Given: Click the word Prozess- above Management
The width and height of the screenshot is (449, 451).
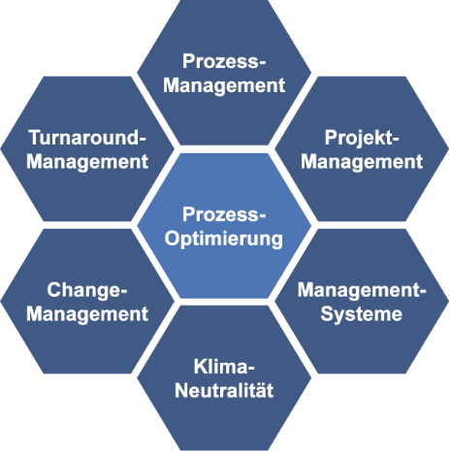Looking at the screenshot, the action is coord(224,61).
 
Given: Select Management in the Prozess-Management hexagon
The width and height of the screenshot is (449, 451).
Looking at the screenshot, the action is coord(224,85).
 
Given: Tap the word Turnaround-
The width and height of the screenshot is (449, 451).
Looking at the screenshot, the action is coord(87,138).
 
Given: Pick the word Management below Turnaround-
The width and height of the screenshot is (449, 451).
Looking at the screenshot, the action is coord(87,162).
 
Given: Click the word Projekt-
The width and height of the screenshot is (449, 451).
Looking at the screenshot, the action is coord(362,139).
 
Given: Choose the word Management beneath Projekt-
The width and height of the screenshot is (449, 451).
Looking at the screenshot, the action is coord(362,162).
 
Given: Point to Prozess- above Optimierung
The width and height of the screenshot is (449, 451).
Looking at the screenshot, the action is coord(224,214).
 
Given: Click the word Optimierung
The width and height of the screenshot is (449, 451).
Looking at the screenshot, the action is coord(224,240).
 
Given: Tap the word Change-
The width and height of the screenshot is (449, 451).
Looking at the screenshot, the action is coord(87,291).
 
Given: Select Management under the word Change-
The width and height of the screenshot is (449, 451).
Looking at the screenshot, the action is coord(87,314).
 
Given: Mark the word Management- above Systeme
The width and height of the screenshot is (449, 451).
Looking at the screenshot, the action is coord(362,291).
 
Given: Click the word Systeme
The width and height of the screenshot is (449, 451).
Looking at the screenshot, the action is coord(362,315).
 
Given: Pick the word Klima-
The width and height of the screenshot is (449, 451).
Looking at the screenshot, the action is coord(224,367).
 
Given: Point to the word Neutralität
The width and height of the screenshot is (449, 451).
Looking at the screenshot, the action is coord(224,390).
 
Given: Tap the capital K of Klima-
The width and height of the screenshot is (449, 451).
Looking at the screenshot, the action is coord(201,367).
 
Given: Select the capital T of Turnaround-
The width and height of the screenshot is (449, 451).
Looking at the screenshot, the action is coord(35,138).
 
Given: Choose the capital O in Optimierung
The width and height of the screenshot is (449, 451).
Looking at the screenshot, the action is coord(173,239).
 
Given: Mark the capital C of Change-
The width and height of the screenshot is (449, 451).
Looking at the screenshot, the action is coord(54,290).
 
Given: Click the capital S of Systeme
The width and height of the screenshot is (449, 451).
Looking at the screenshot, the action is coord(328,314).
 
